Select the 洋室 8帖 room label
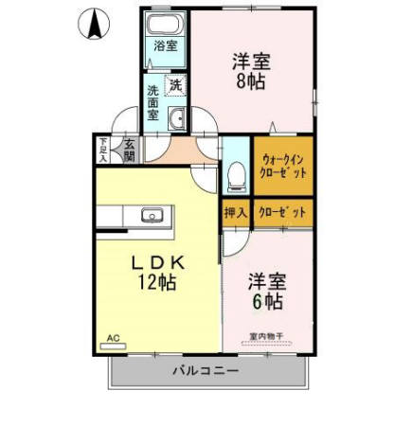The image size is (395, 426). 251,72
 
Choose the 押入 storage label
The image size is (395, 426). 235,213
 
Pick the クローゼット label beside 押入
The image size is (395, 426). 281,213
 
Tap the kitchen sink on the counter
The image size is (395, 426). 153,215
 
